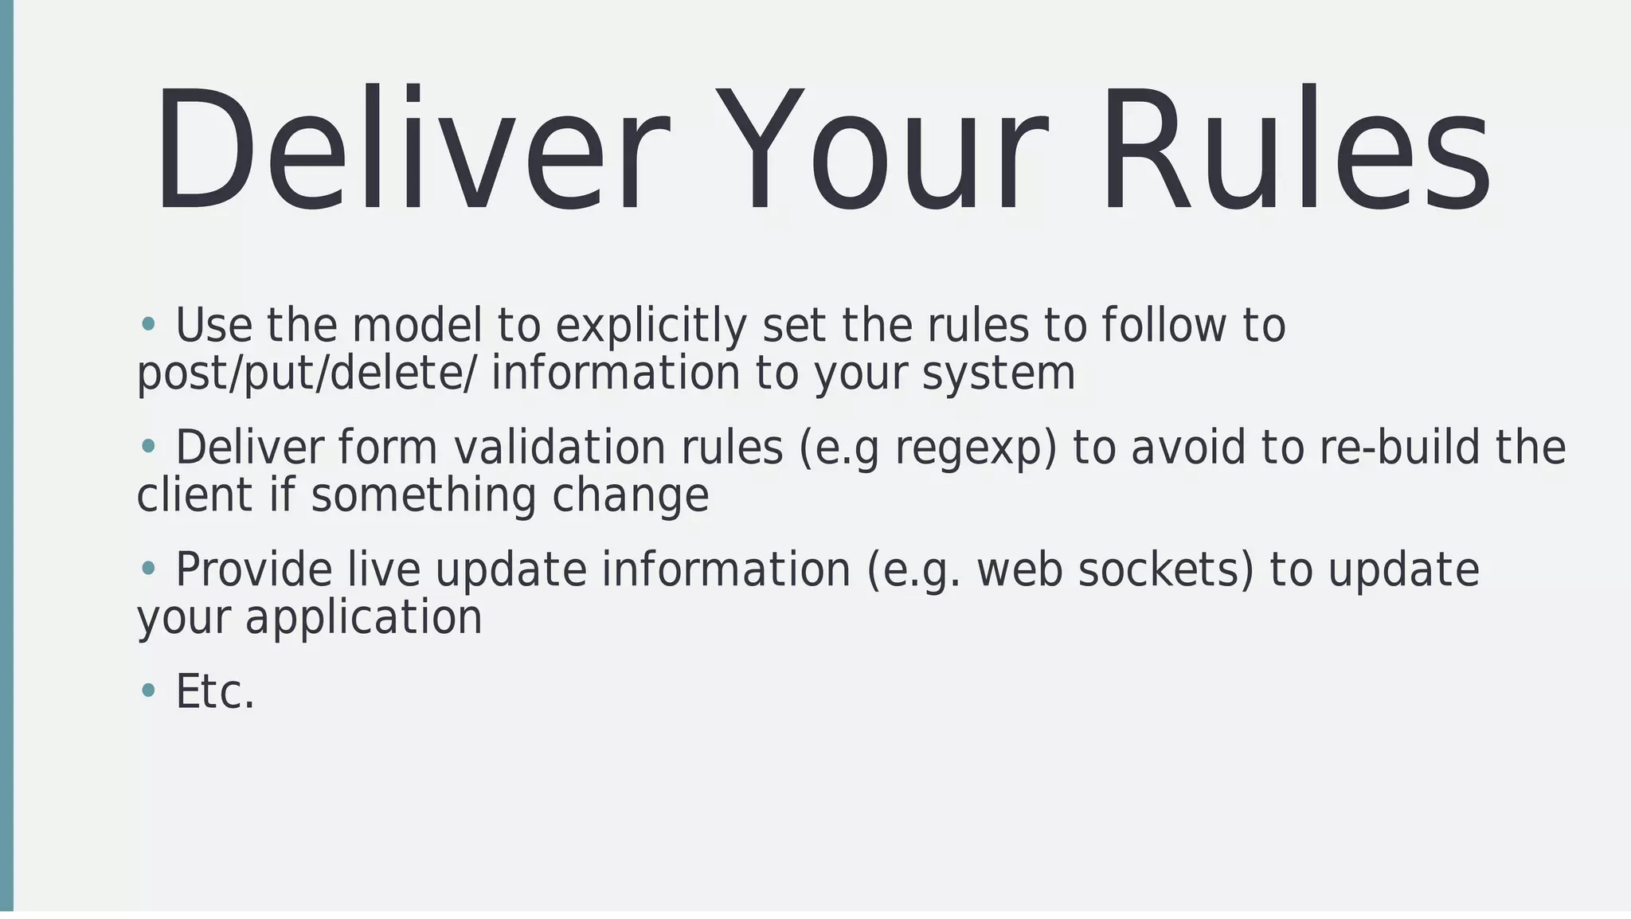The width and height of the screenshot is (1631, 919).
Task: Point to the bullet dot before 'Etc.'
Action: coord(147,690)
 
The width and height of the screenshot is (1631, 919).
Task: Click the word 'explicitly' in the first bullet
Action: coord(651,326)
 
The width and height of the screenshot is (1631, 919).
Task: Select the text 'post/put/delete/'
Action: coord(307,373)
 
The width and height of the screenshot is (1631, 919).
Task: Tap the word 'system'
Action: coord(999,375)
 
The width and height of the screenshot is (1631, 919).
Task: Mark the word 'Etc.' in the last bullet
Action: coord(215,691)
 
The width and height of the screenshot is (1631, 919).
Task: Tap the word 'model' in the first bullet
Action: coord(417,326)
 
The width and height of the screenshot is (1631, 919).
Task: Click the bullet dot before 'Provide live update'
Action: coord(147,568)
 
